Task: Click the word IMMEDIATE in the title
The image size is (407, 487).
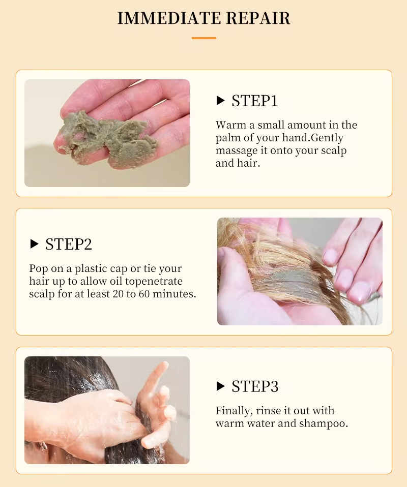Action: click(169, 18)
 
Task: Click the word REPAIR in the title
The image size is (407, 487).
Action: click(258, 18)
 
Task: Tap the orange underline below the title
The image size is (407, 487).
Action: click(203, 38)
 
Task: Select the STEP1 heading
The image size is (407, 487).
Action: click(255, 101)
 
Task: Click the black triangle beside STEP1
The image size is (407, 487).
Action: click(220, 100)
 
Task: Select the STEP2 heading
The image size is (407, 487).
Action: click(69, 244)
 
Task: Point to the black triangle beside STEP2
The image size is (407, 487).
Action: click(34, 244)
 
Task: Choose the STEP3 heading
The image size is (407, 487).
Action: click(255, 386)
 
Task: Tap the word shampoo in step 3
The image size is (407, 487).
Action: click(324, 424)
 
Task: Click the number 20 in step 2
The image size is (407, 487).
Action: click(119, 294)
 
